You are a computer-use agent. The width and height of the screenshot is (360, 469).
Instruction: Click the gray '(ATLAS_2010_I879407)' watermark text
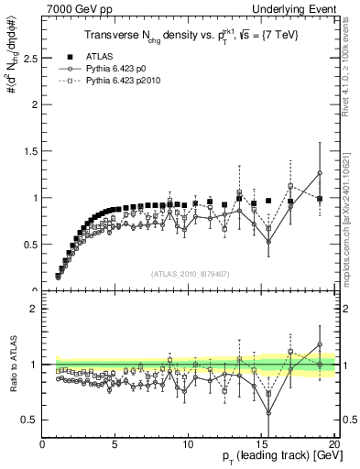(x=191, y=273)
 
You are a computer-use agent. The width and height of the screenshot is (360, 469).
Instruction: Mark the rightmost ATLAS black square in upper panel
(x=320, y=199)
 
